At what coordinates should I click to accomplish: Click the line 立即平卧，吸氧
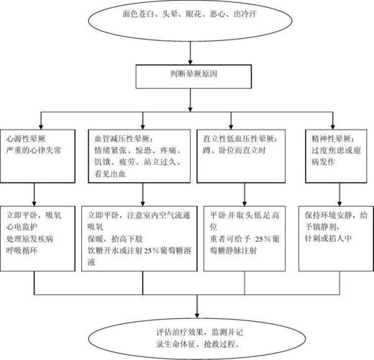(35, 215)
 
